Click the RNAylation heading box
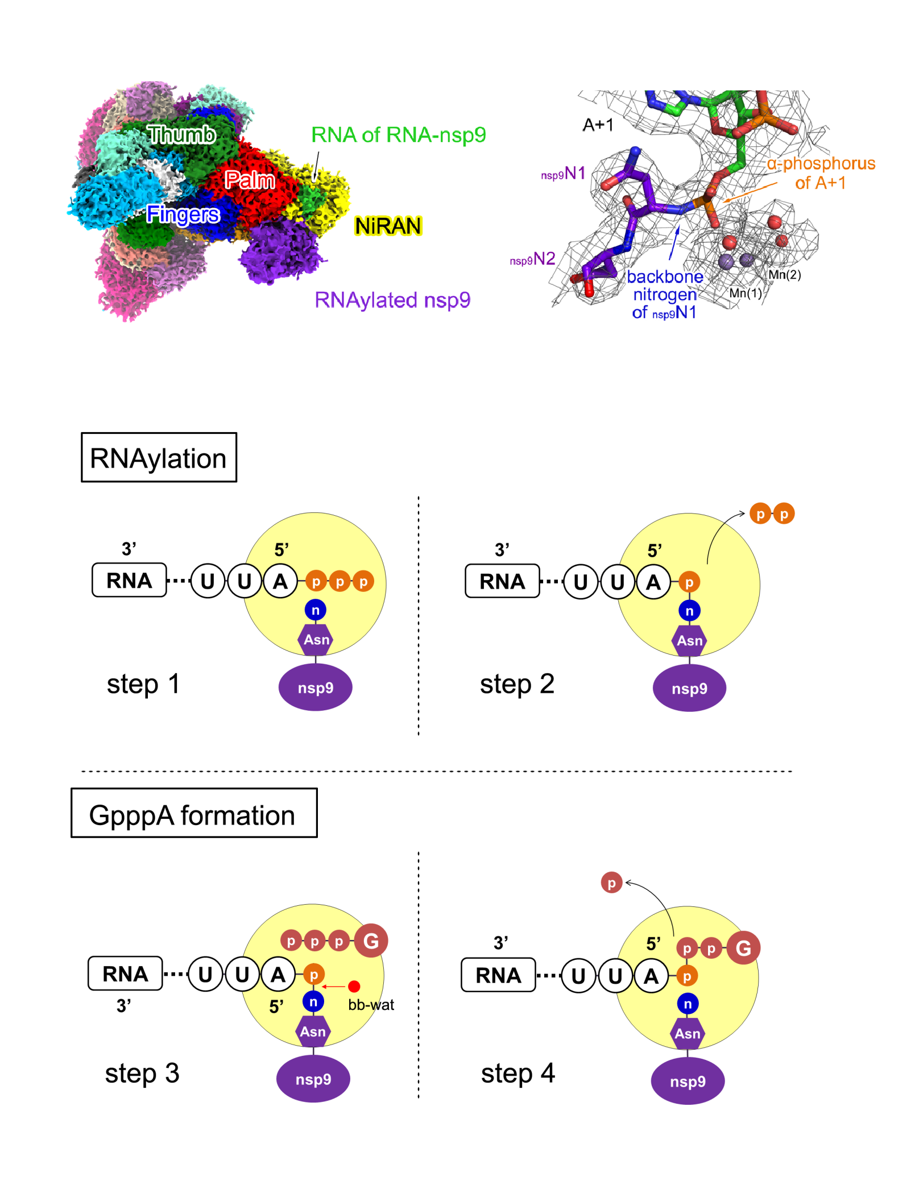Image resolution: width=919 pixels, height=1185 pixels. pos(159,457)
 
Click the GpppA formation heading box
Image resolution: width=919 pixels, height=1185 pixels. pos(194,813)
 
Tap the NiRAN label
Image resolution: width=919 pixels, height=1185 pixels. pos(388,226)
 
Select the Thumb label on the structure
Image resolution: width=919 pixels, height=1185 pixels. pos(181,134)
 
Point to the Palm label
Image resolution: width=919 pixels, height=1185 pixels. pos(250,180)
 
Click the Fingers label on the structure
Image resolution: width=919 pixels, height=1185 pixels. pos(183,214)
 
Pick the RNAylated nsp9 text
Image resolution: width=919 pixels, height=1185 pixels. pos(392,300)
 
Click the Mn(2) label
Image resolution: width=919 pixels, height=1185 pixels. pos(785,275)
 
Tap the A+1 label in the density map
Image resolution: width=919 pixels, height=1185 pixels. pos(598,125)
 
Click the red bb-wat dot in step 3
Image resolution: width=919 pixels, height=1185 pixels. pos(354,986)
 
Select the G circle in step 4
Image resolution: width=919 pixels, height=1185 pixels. pos(743,947)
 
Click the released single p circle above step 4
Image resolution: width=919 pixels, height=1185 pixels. pos(611,882)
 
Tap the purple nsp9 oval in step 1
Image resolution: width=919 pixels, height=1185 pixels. pos(315,687)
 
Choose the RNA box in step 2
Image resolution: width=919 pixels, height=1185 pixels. pos(502,581)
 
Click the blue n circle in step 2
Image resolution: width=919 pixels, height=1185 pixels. pos(689,611)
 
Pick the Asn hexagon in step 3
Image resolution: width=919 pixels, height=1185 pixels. pos(313,1031)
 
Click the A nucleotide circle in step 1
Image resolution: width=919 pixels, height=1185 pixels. pos(280,581)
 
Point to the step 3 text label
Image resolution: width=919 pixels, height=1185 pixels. pos(142,1074)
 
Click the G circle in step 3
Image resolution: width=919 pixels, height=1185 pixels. pos(371,940)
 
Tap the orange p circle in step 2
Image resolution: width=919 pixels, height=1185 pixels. pos(689,582)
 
